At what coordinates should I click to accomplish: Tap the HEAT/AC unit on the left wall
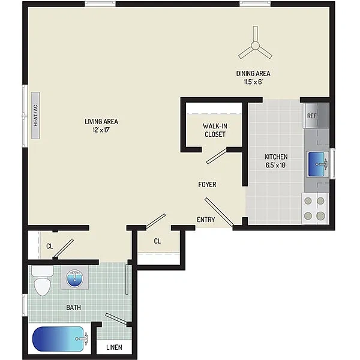[x=35, y=115]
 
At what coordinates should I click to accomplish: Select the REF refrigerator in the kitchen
[x=316, y=115]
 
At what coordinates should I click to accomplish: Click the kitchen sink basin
[x=317, y=164]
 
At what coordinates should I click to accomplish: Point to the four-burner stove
[x=315, y=208]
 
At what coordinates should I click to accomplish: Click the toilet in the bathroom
[x=42, y=281]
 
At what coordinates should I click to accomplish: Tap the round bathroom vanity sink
[x=74, y=277]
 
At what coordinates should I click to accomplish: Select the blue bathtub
[x=59, y=339]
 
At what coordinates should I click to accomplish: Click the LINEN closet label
[x=115, y=347]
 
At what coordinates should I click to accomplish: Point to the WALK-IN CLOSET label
[x=215, y=130]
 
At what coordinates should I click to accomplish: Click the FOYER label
[x=207, y=184]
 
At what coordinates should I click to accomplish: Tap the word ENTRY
[x=206, y=220]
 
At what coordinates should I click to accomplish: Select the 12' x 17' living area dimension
[x=101, y=130]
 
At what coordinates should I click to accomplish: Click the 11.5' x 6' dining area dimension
[x=253, y=82]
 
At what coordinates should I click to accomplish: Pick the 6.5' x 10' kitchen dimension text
[x=276, y=166]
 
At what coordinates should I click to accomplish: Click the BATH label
[x=73, y=307]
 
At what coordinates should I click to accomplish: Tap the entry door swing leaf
[x=219, y=212]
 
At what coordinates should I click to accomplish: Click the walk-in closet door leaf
[x=217, y=156]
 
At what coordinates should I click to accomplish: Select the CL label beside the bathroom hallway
[x=50, y=247]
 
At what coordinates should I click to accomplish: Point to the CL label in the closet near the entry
[x=157, y=241]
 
